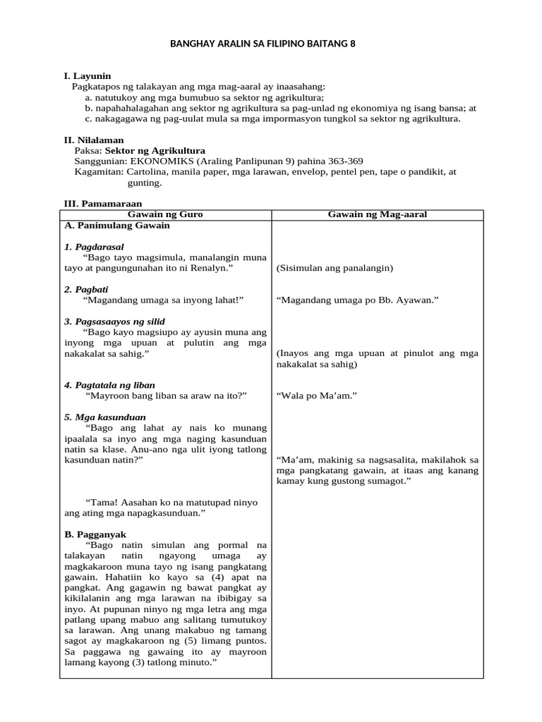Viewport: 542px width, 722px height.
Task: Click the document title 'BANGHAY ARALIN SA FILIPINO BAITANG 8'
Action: pos(263,44)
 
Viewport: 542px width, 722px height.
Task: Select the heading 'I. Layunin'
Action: pos(88,76)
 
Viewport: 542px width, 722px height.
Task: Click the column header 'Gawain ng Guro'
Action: pos(165,214)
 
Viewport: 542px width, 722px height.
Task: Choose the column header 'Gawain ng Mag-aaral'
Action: pos(378,214)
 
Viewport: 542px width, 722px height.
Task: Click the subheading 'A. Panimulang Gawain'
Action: pos(117,226)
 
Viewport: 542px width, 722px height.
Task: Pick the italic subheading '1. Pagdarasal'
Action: pos(94,247)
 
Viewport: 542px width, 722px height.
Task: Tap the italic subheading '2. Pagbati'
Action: pos(87,290)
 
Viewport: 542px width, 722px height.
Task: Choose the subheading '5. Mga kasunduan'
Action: pos(105,417)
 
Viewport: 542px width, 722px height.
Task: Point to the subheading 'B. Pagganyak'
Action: pos(95,534)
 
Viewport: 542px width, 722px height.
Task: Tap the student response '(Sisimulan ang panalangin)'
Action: pos(335,269)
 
